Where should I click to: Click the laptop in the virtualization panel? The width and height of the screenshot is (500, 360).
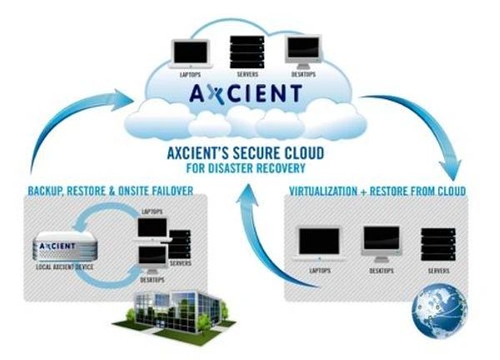coord(321,244)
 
